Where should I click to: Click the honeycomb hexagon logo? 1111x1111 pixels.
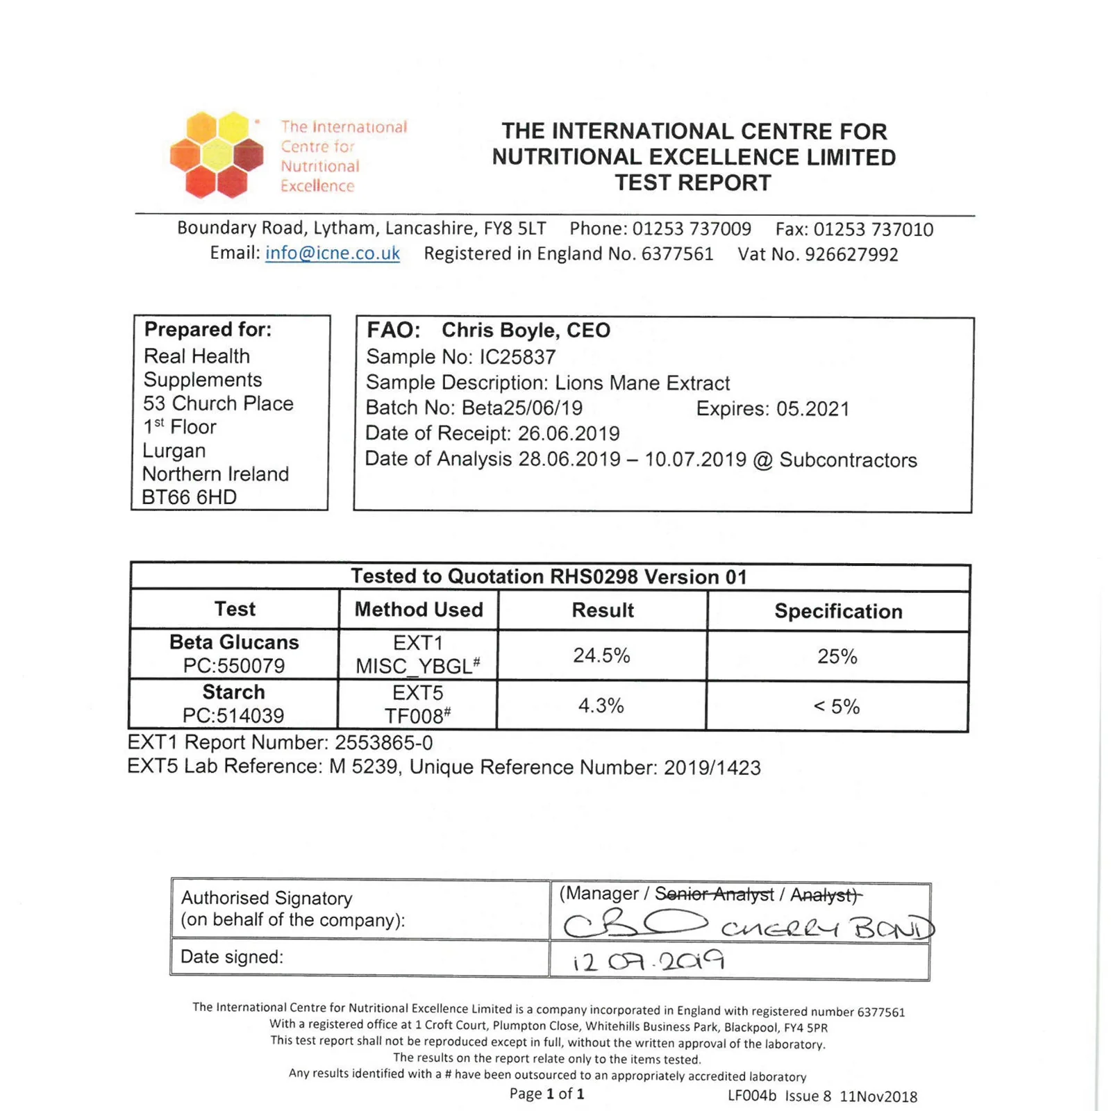(216, 154)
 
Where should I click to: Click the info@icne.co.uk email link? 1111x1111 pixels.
(333, 253)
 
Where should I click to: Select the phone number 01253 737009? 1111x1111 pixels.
(692, 229)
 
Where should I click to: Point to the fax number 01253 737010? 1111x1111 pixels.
(873, 230)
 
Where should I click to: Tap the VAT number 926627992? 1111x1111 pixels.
(851, 255)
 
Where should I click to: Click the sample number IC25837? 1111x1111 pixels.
(517, 357)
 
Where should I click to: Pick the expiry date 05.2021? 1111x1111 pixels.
(812, 408)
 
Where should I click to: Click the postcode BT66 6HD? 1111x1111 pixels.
(189, 497)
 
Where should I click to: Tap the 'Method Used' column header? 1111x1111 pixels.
(419, 610)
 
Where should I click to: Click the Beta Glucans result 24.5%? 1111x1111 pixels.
(601, 655)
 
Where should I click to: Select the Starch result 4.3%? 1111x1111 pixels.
(601, 705)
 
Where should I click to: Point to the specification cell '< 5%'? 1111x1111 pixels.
(837, 706)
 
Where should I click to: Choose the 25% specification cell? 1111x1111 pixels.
(837, 656)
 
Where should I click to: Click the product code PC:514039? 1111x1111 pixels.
(233, 715)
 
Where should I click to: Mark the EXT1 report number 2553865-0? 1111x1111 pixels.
(383, 743)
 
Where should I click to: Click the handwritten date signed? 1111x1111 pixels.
(649, 961)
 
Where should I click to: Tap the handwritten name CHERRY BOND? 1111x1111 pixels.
(826, 928)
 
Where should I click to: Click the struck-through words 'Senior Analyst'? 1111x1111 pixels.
(714, 894)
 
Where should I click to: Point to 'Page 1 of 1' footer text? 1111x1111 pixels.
(546, 1094)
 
